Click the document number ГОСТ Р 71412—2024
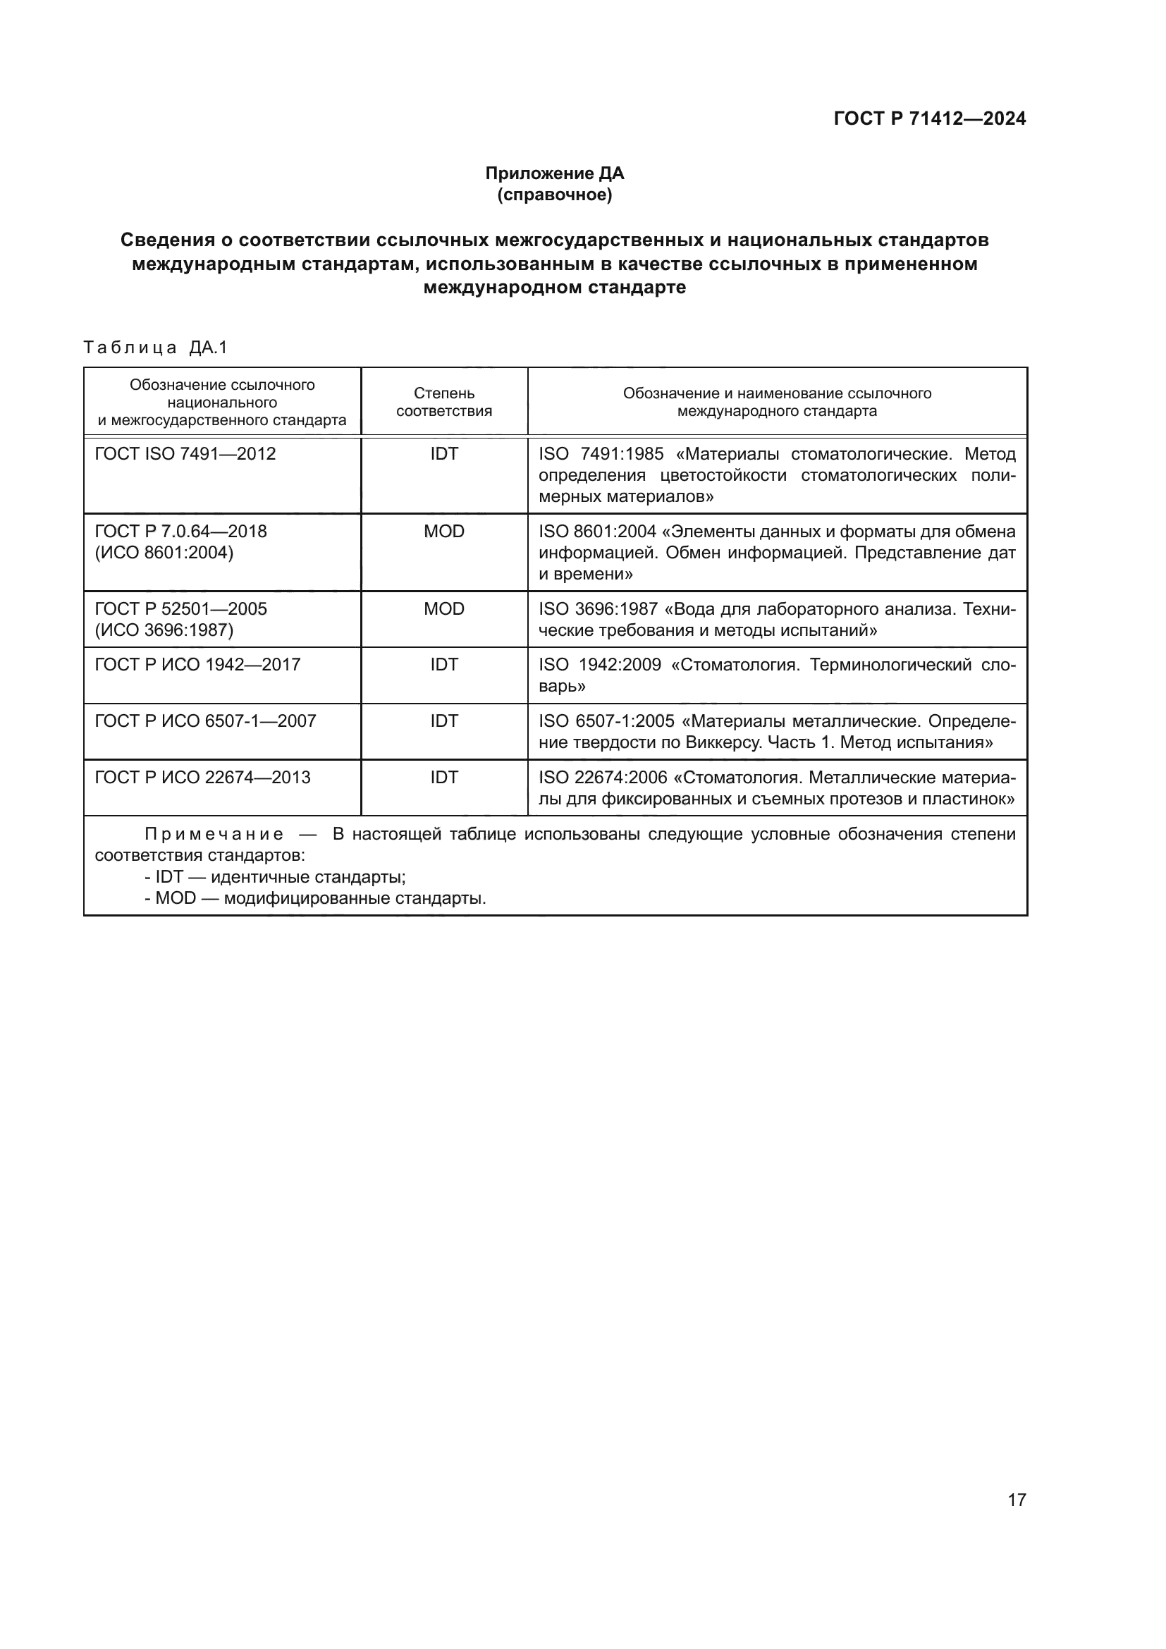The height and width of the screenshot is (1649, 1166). click(x=929, y=118)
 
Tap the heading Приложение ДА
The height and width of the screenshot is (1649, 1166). click(x=554, y=173)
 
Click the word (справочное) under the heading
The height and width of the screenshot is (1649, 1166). click(x=554, y=195)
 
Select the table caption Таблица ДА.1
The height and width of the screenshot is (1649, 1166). click(x=155, y=348)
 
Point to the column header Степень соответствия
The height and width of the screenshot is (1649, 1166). click(x=443, y=402)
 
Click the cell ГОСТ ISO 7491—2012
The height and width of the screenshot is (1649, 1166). click(x=185, y=454)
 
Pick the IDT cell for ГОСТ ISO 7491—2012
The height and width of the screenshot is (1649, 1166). click(x=443, y=454)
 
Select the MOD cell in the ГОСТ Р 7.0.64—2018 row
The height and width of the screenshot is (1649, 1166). click(x=443, y=532)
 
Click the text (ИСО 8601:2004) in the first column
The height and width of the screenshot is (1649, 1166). click(x=164, y=553)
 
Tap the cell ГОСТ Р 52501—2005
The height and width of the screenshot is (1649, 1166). click(x=181, y=609)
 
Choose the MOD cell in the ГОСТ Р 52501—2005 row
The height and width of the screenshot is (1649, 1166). click(x=443, y=609)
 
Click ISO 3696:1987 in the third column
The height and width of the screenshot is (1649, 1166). click(x=597, y=609)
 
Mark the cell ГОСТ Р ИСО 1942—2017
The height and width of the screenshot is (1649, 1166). click(x=197, y=664)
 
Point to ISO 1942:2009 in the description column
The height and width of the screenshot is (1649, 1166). click(x=599, y=664)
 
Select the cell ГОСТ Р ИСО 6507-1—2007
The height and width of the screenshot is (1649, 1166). click(x=205, y=721)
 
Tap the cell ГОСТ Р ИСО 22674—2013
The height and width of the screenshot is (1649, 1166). click(x=202, y=777)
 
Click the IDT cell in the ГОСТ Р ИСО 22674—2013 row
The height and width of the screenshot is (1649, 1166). click(x=443, y=777)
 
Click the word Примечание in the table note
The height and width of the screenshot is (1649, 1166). click(x=214, y=835)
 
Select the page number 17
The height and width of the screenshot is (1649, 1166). click(x=1017, y=1500)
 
